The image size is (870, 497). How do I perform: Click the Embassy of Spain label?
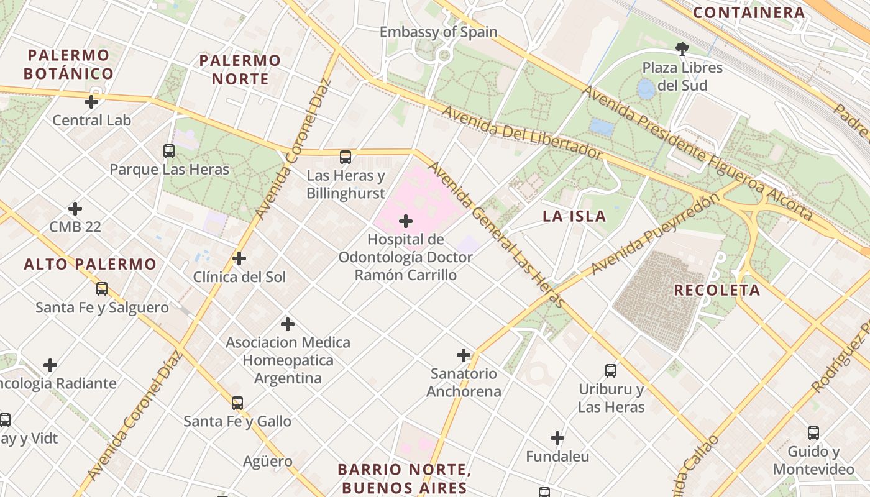tap(439, 32)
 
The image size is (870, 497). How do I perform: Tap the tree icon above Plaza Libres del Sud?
tap(682, 48)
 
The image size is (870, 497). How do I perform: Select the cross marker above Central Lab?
tap(91, 101)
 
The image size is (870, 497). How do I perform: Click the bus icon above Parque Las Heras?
tap(169, 150)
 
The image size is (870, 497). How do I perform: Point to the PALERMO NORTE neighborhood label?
tap(240, 70)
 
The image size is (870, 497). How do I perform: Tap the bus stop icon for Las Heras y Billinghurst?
tap(346, 157)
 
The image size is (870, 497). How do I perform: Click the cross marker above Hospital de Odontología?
tap(406, 221)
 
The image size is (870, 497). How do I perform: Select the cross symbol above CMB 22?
tap(75, 208)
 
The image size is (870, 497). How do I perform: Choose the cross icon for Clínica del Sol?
tap(239, 258)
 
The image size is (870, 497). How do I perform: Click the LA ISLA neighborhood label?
tap(574, 216)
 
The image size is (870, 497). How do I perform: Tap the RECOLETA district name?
tap(717, 290)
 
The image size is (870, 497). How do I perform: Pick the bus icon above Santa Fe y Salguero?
tap(102, 289)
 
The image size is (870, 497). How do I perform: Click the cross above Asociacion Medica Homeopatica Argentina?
tap(288, 324)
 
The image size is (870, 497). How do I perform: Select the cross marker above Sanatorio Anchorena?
tap(464, 355)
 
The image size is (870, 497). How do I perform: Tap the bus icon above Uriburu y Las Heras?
tap(611, 371)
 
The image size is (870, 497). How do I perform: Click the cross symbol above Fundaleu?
tap(557, 438)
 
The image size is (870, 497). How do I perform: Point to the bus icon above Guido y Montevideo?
tap(813, 433)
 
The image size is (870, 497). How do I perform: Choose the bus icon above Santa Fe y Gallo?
tap(237, 403)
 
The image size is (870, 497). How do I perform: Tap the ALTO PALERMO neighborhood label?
tap(90, 264)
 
